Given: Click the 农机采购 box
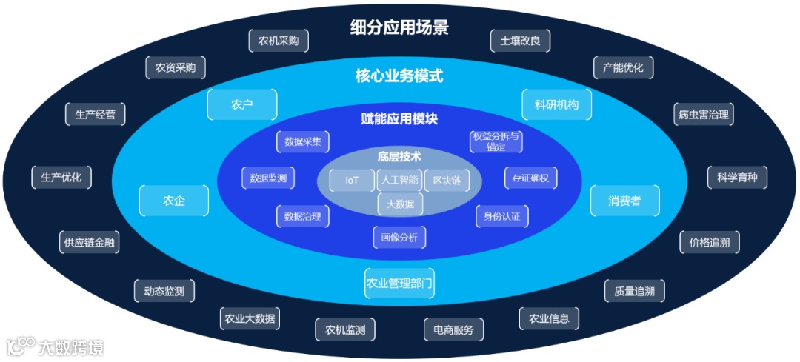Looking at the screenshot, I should (278, 41).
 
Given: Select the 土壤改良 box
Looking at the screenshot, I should (520, 41).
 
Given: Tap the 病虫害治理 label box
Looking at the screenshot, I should (703, 114).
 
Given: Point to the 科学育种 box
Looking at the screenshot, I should (737, 178).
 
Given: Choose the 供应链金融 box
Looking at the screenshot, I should (90, 242).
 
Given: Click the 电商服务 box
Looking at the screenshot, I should (453, 329).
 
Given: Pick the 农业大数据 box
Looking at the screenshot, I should (250, 319).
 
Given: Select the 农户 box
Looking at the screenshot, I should (242, 104).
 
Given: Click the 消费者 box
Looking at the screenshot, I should (624, 201).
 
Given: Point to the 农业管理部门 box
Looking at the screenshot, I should (399, 282).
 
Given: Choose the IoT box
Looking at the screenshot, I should (352, 180).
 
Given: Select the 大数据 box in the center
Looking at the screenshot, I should (400, 202).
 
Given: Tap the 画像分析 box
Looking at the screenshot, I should (399, 237).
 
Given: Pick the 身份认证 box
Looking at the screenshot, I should (501, 216).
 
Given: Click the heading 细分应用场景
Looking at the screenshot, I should (399, 28).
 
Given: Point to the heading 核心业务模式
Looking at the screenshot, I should (399, 76).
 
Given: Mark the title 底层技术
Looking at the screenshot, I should (399, 156).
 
